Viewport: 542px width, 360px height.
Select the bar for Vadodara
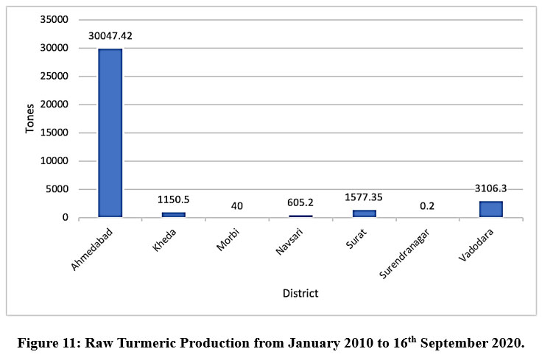[x=490, y=209]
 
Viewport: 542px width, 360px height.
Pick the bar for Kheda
[x=174, y=214]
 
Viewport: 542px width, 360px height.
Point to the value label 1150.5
[x=174, y=200]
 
